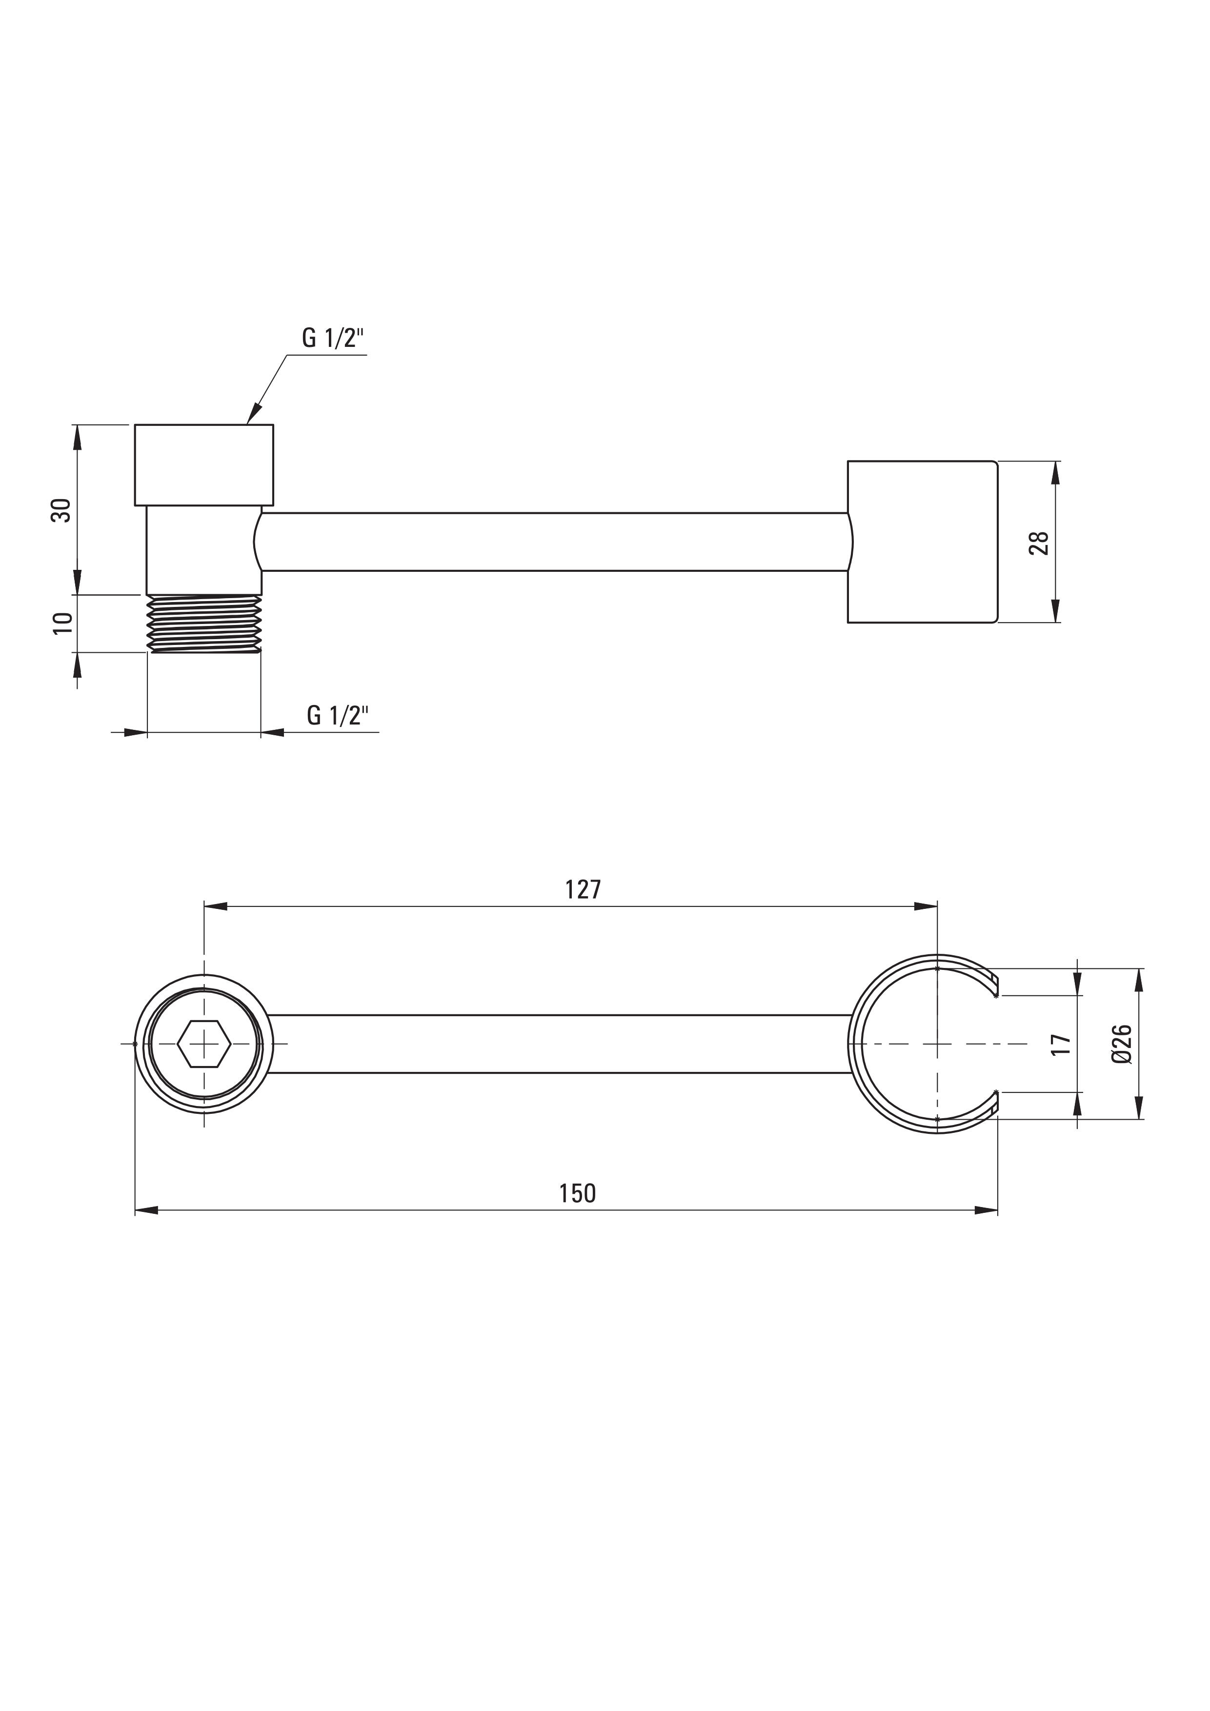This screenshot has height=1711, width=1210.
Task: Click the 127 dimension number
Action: (x=583, y=890)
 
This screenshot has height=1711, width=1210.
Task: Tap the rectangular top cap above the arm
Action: (x=203, y=465)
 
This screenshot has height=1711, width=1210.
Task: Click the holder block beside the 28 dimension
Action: (x=923, y=542)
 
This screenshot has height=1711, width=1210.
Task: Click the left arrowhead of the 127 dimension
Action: (x=215, y=906)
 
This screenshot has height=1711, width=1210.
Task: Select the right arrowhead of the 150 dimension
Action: (x=986, y=1210)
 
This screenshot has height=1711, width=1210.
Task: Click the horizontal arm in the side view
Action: (x=555, y=542)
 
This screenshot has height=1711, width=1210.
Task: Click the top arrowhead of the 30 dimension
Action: (x=77, y=436)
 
